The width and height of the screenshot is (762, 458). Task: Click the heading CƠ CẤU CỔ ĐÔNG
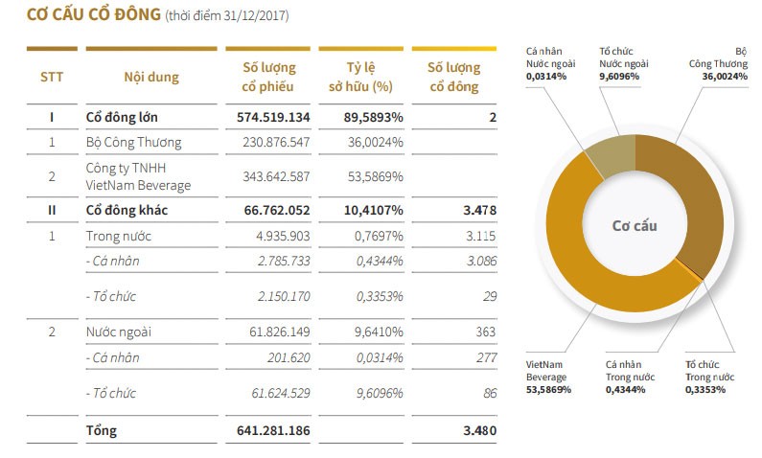(93, 15)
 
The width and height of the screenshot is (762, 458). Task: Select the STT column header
(52, 77)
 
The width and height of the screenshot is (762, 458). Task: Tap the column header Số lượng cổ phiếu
(267, 77)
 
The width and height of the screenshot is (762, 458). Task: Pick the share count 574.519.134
(272, 117)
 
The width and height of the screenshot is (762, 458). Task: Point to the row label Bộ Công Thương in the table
(133, 143)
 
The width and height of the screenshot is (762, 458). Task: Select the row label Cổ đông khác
(128, 210)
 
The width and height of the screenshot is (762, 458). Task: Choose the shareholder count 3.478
(478, 210)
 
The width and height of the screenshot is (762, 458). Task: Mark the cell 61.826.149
(276, 332)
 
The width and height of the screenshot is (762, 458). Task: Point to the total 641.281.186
(272, 430)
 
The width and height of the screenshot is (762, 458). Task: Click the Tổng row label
(101, 430)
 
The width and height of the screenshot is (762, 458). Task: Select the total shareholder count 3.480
(478, 430)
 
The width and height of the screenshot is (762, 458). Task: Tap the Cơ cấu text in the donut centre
(635, 226)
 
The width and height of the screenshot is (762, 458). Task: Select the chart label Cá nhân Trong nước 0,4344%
(630, 377)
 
